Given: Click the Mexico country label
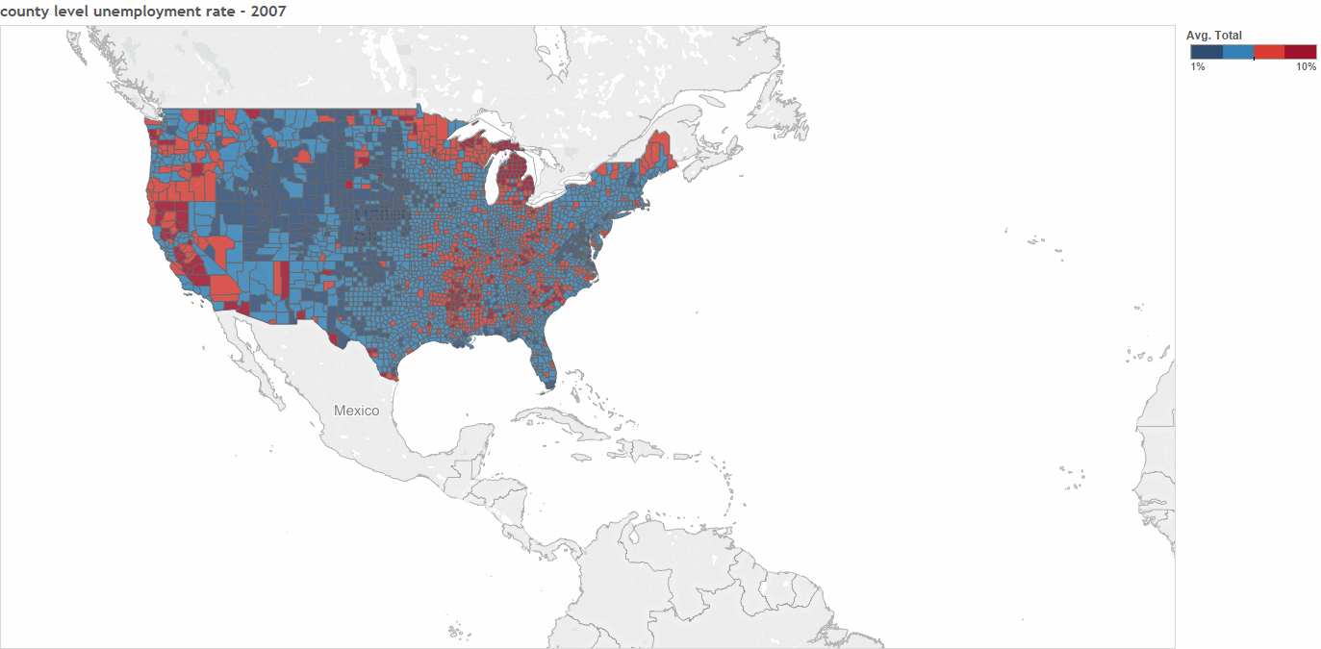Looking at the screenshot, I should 356,411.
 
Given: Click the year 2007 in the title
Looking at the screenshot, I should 267,11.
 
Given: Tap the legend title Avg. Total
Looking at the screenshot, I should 1213,36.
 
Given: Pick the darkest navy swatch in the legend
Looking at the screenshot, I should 1206,52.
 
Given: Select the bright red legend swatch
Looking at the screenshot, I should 1269,52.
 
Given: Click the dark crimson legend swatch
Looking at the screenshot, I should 1300,52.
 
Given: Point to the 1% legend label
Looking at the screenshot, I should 1198,66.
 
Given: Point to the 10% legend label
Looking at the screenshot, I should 1306,66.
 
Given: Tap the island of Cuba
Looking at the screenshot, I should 568,422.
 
